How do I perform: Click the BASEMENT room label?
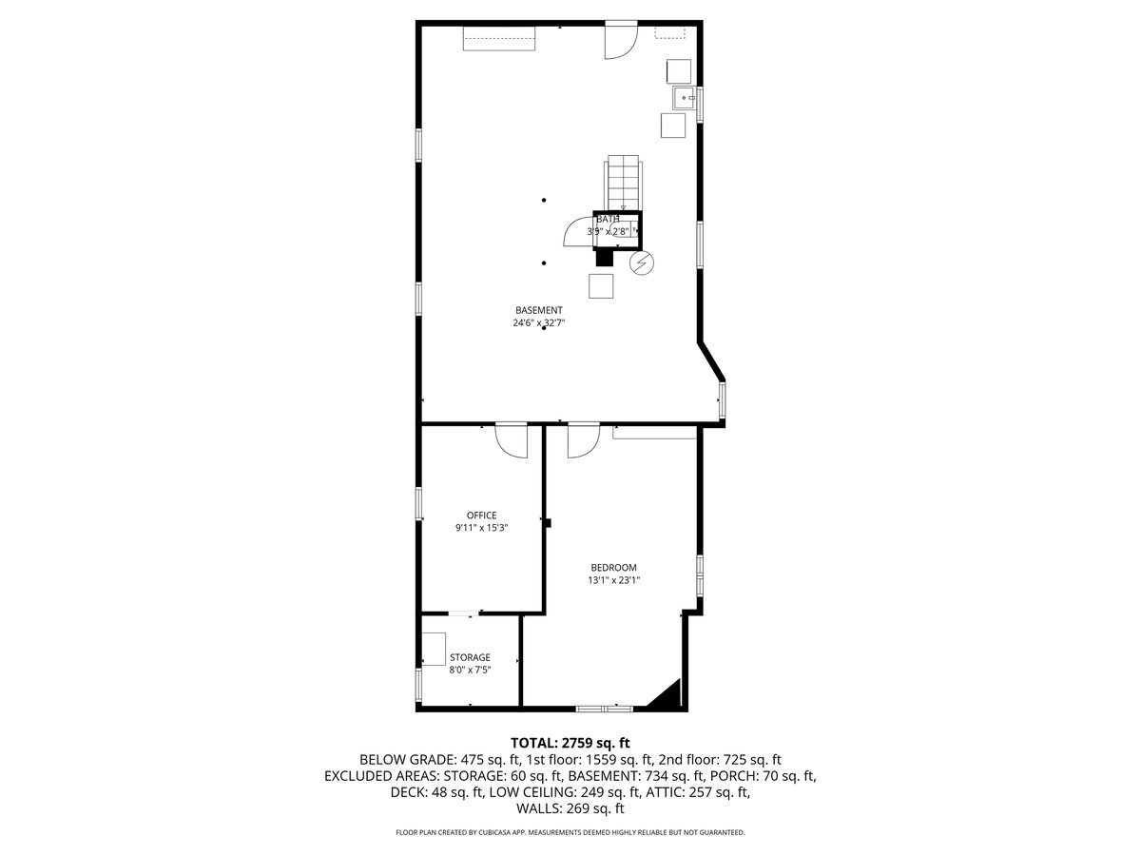[539, 310]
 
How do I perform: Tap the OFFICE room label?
[481, 516]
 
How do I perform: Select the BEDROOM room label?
[613, 568]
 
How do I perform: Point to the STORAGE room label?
[470, 657]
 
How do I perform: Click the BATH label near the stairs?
[608, 220]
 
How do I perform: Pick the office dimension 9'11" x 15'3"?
[481, 528]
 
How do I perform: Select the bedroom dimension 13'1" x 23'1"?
[613, 580]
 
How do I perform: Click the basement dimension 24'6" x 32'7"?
[539, 322]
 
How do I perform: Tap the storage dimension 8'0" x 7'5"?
[470, 670]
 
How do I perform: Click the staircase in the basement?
[624, 183]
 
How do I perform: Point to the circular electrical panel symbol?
[643, 262]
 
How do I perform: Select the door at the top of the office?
[512, 439]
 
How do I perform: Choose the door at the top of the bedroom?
[582, 441]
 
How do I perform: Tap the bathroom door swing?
[578, 231]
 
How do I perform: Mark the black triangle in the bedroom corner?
[669, 695]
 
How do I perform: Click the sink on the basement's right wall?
[685, 97]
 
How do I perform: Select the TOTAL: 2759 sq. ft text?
[570, 742]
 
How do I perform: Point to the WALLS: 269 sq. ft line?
[570, 808]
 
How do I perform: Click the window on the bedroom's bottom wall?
[605, 708]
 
